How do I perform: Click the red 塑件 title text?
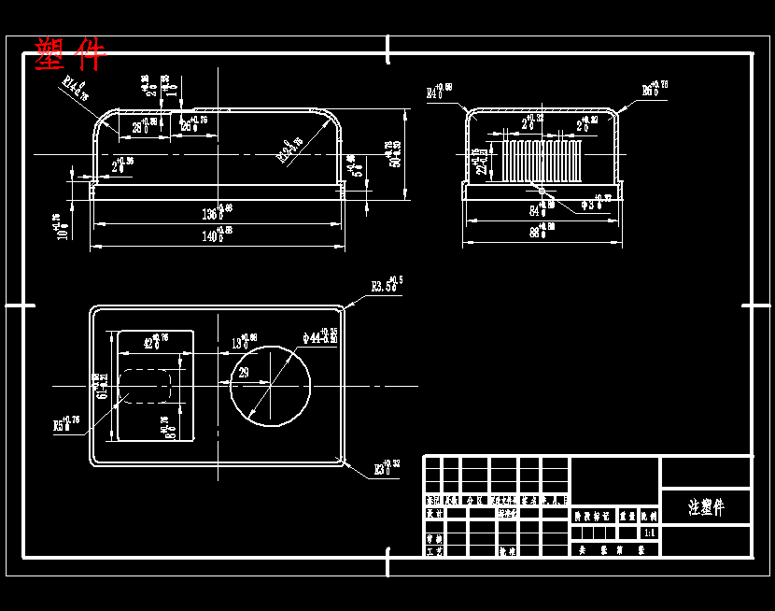[x=70, y=54]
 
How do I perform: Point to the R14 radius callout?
[x=75, y=86]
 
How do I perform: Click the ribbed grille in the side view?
[x=542, y=161]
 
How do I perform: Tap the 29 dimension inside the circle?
[x=245, y=373]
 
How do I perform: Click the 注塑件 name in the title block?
[x=705, y=507]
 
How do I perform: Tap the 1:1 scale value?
[x=649, y=533]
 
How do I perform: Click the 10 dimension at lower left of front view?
[x=63, y=226]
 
